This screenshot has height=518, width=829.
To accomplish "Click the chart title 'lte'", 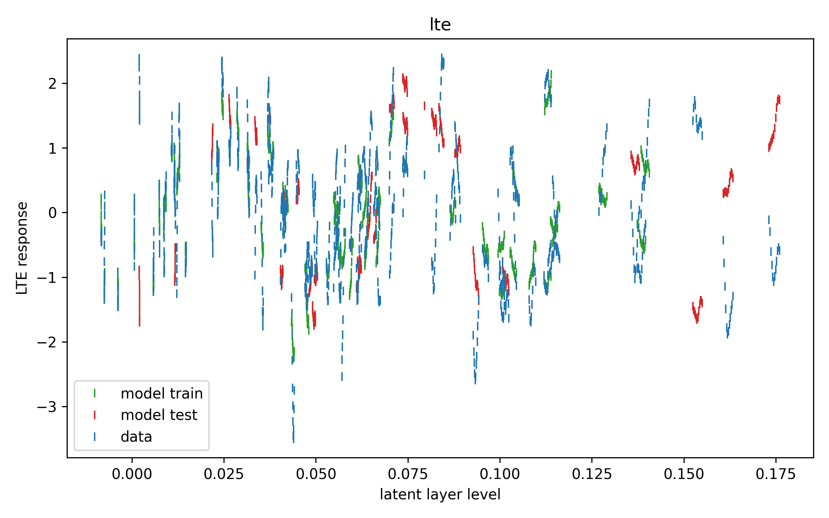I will pyautogui.click(x=440, y=25).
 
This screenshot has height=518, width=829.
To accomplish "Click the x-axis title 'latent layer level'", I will pyautogui.click(x=440, y=495).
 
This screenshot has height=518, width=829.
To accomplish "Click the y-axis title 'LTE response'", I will pyautogui.click(x=22, y=248).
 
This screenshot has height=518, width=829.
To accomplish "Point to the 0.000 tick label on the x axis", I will pyautogui.click(x=132, y=474).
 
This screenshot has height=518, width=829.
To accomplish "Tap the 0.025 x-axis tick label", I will pyautogui.click(x=223, y=474).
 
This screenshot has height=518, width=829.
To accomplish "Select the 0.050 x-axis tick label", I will pyautogui.click(x=316, y=474).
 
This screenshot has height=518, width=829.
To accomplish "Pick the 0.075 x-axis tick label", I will pyautogui.click(x=408, y=474).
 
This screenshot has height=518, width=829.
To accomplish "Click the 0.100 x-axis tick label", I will pyautogui.click(x=499, y=474).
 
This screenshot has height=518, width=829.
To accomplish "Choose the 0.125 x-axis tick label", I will pyautogui.click(x=592, y=474).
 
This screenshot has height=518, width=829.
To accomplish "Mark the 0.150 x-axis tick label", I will pyautogui.click(x=684, y=474).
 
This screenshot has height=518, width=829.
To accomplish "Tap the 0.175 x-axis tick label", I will pyautogui.click(x=775, y=474).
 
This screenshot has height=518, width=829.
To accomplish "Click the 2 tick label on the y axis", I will pyautogui.click(x=53, y=84).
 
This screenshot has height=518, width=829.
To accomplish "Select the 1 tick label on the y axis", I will pyautogui.click(x=53, y=148).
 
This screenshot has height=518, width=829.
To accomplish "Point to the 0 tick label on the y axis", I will pyautogui.click(x=53, y=213).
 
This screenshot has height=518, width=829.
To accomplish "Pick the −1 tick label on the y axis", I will pyautogui.click(x=47, y=278).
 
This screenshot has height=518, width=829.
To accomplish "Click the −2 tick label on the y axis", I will pyautogui.click(x=47, y=342).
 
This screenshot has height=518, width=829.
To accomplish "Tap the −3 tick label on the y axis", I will pyautogui.click(x=47, y=407).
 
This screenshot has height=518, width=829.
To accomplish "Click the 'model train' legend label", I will pyautogui.click(x=162, y=394).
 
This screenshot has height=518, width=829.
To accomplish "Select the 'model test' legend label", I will pyautogui.click(x=159, y=415).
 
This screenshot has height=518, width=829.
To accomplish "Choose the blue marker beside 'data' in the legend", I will pyautogui.click(x=95, y=437).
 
